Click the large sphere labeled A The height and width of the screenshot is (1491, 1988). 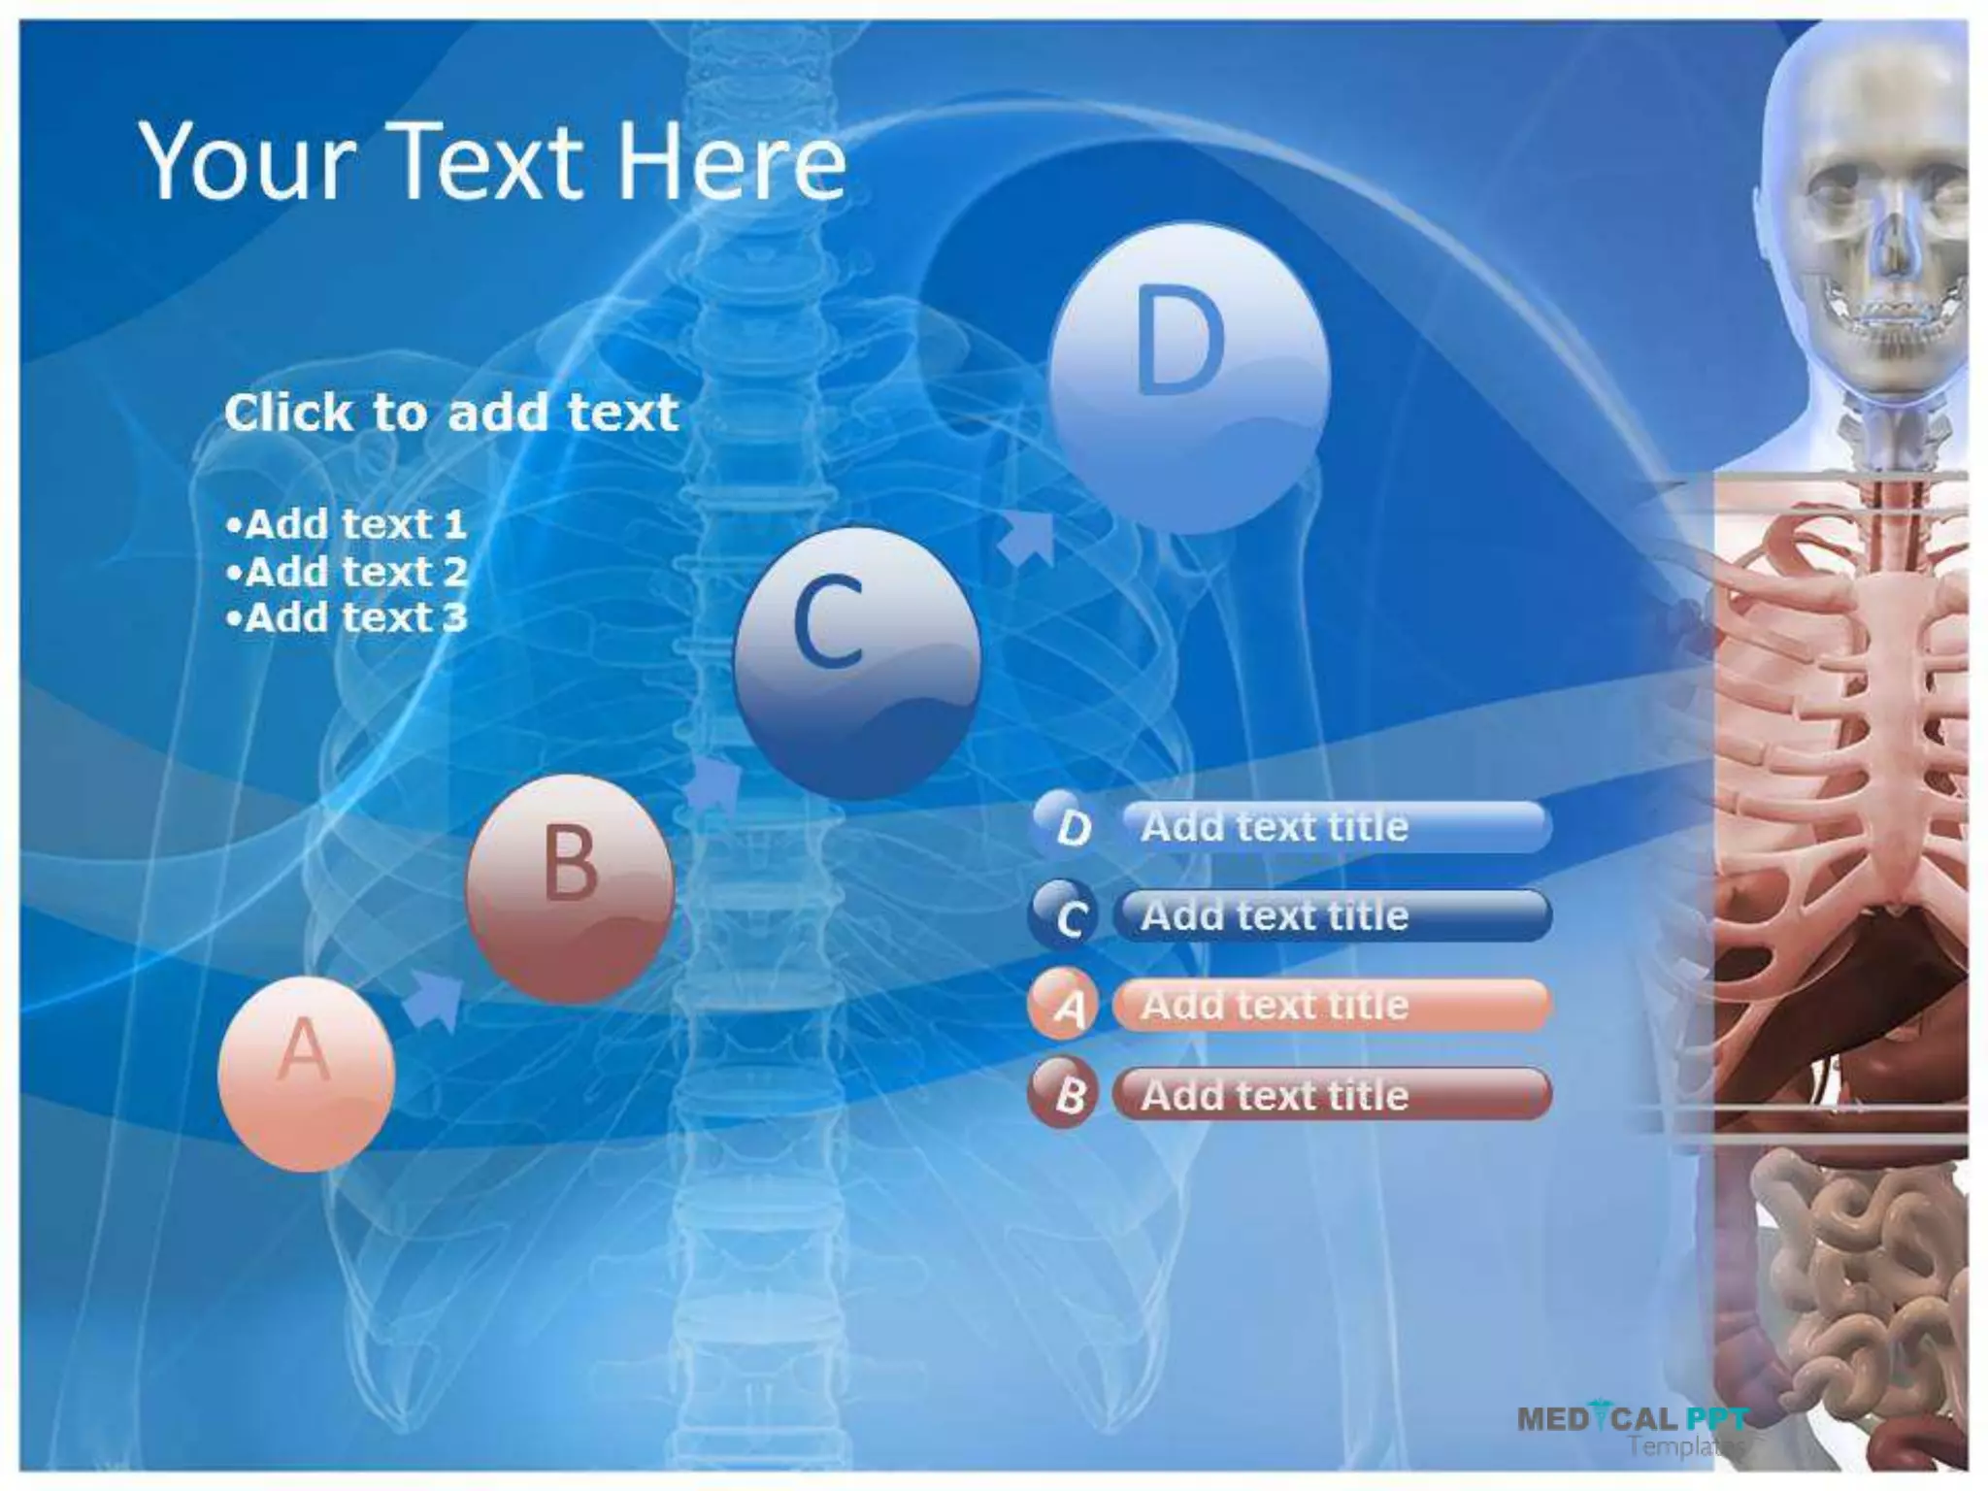(306, 1073)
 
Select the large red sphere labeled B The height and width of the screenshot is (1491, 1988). (570, 888)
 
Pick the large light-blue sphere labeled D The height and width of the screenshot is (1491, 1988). (1188, 377)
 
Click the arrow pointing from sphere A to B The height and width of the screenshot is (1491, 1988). (433, 1000)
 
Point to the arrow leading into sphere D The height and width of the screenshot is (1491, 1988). (1026, 537)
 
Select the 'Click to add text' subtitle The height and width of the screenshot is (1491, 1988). (451, 413)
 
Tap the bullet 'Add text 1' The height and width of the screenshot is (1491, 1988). (347, 524)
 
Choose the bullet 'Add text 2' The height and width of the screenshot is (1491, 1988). (347, 571)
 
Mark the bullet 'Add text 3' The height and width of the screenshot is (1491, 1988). (347, 617)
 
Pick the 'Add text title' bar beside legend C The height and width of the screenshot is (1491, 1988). (1332, 915)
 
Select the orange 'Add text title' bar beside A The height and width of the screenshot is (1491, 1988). (1332, 1005)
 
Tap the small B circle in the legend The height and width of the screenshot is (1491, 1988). (1065, 1094)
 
